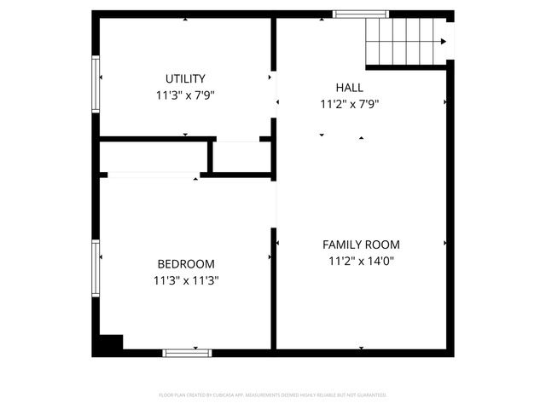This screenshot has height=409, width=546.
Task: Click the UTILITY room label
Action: pyautogui.click(x=185, y=79)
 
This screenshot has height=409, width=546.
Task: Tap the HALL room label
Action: pyautogui.click(x=349, y=88)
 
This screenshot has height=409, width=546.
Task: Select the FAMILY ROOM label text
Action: pyautogui.click(x=360, y=245)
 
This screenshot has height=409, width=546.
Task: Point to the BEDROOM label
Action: pyautogui.click(x=185, y=264)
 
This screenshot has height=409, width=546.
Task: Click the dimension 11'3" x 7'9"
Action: pyautogui.click(x=185, y=96)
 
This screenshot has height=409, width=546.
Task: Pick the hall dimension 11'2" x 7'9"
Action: pyautogui.click(x=349, y=105)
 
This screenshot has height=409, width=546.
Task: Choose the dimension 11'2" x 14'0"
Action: pyautogui.click(x=360, y=262)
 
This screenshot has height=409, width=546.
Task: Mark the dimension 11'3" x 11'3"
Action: pyautogui.click(x=185, y=280)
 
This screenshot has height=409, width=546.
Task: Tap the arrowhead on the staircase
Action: pyautogui.click(x=444, y=41)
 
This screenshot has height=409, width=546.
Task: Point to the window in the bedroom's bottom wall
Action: pyautogui.click(x=188, y=351)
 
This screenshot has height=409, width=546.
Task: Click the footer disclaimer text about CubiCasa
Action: pyautogui.click(x=273, y=395)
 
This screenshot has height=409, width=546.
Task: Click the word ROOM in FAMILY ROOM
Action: pyautogui.click(x=382, y=245)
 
